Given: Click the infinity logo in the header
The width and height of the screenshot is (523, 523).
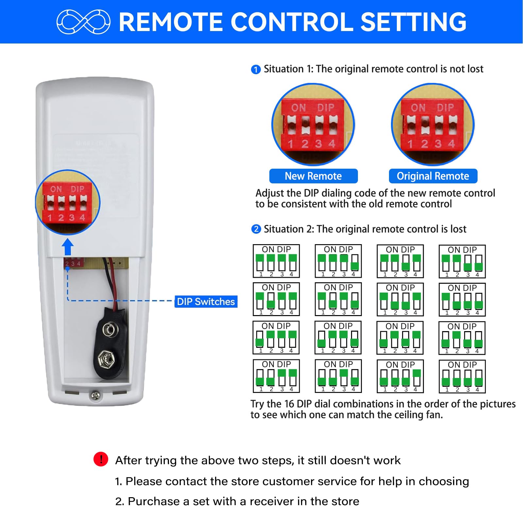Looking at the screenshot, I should (x=83, y=22).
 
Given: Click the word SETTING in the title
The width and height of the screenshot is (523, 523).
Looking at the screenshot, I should (x=413, y=22).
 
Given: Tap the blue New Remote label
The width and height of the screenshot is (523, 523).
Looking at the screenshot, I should (x=313, y=176).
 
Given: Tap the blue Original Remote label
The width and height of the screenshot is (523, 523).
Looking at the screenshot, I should (x=433, y=176).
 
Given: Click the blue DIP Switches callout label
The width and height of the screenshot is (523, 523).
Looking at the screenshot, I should (x=206, y=301).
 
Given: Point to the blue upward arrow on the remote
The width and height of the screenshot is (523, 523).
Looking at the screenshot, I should (x=68, y=247).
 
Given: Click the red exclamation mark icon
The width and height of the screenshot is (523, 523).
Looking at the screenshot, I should (x=101, y=459).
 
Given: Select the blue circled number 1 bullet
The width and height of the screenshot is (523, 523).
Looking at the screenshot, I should (x=256, y=69).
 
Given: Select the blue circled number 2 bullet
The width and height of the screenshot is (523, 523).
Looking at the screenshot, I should (x=256, y=229).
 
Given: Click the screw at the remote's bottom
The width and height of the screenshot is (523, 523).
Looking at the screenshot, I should (x=95, y=396).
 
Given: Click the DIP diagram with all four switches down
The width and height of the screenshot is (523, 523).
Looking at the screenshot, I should (x=462, y=376).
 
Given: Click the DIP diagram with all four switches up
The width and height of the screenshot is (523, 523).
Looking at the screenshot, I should (x=276, y=261).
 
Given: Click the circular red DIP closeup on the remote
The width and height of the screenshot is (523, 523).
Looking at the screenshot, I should (x=68, y=202).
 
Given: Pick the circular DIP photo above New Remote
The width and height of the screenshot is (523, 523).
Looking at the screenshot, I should (x=313, y=125).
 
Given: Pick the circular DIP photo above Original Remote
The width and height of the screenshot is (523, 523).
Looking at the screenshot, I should (x=432, y=125).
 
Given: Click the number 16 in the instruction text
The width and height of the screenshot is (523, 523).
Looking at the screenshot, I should (x=289, y=404).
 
